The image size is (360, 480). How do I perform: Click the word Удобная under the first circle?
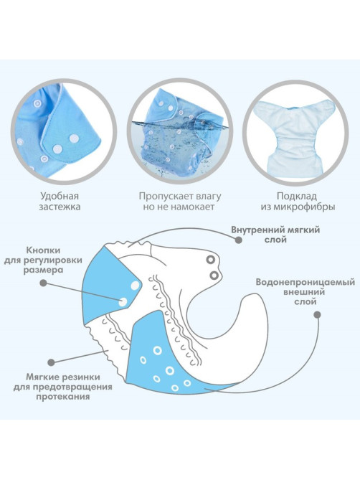[x=60, y=196]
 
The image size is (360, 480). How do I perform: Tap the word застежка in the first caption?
[x=60, y=207]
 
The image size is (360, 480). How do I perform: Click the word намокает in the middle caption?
[x=192, y=207]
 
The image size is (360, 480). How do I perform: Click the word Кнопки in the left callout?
[x=43, y=250]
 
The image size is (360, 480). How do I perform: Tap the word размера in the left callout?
[x=43, y=270]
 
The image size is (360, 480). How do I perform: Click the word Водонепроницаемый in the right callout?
[x=305, y=282]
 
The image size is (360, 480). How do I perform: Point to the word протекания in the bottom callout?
[x=63, y=397]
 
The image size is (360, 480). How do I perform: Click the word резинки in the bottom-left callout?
[x=81, y=377]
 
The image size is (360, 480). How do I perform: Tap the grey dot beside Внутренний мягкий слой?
[x=238, y=240]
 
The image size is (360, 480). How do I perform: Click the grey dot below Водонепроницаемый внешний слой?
[x=318, y=314]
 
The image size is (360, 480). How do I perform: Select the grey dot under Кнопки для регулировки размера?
[x=44, y=283]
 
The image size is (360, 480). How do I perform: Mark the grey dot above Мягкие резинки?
[x=52, y=362]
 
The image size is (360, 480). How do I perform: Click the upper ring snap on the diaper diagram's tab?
[x=211, y=260]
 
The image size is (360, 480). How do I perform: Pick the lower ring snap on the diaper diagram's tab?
[x=214, y=276]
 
